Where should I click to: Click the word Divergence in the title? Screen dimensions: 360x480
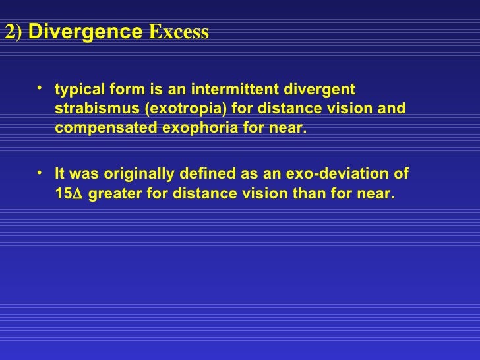coord(85,32)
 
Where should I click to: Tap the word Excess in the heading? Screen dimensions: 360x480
coord(179,32)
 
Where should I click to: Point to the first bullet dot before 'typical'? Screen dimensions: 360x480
coord(41,86)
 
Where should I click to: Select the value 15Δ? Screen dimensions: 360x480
coord(69,194)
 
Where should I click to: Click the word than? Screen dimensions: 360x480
coord(306,194)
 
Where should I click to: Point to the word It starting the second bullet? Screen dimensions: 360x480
coord(60,175)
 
